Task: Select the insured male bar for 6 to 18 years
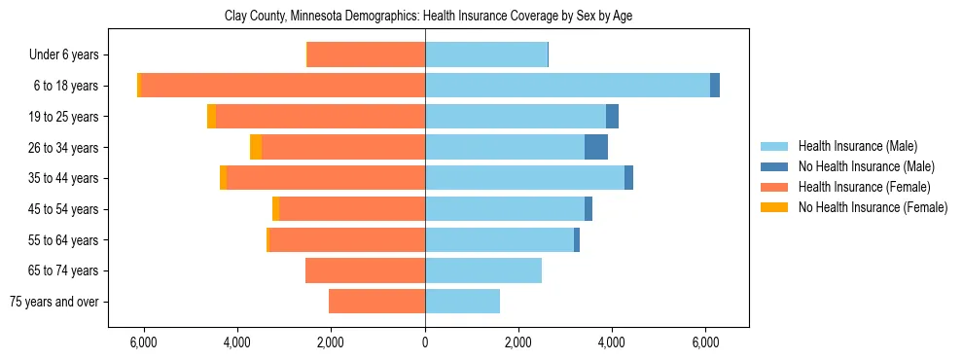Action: tap(567, 86)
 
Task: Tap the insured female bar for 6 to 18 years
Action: tap(283, 86)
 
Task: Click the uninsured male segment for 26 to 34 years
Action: tap(596, 147)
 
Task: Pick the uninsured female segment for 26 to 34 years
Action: tap(256, 147)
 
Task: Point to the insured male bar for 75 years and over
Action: tap(462, 302)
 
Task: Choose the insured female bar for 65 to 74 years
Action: tap(365, 270)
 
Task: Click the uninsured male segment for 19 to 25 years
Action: tap(612, 117)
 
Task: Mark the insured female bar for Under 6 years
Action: tap(367, 54)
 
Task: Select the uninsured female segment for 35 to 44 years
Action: tap(224, 178)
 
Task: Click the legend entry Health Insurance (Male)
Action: tap(856, 146)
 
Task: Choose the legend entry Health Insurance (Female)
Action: tap(864, 187)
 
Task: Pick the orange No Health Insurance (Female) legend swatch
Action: tap(775, 207)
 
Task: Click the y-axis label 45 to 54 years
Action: tap(63, 209)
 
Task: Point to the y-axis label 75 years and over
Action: tap(54, 302)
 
